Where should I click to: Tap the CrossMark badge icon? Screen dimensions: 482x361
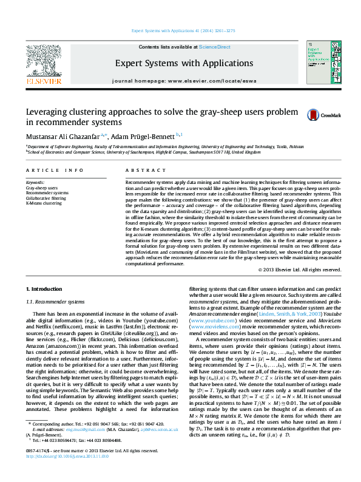pos(314,115)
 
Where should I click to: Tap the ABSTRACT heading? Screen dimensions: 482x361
pos(140,171)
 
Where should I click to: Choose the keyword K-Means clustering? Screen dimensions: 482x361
pos(44,203)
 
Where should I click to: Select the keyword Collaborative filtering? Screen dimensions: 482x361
pos(46,198)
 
